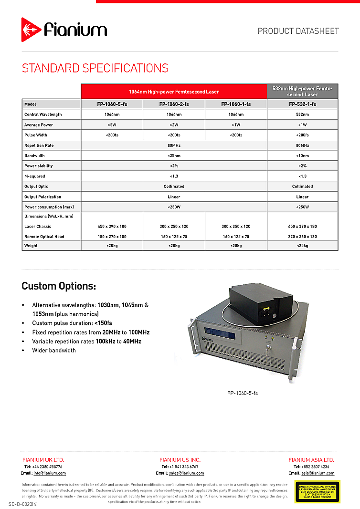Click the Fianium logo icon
click(32, 30)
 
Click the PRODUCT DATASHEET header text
click(298, 31)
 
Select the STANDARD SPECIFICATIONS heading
click(95, 68)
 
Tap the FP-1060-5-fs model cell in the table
click(112, 104)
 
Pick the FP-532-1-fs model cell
click(302, 104)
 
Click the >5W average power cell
click(112, 125)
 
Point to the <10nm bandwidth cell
click(302, 156)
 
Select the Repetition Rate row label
click(39, 145)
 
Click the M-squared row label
click(35, 176)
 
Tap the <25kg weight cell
click(302, 246)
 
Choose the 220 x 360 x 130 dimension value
click(302, 237)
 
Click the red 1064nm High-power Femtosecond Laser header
click(174, 91)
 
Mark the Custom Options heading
click(59, 286)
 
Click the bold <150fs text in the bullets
click(103, 323)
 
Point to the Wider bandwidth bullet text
click(54, 350)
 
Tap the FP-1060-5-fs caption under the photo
click(243, 394)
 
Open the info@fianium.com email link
click(50, 473)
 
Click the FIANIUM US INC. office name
click(180, 460)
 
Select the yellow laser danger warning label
click(317, 492)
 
